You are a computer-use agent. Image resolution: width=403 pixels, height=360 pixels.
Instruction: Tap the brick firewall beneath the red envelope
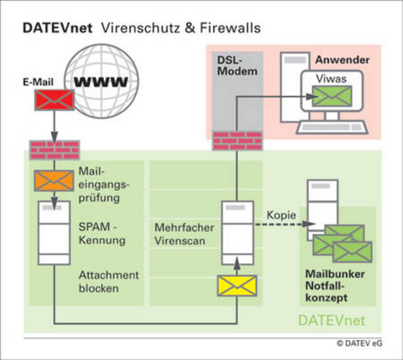point(54,149)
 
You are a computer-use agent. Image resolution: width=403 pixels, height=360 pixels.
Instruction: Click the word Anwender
point(342,60)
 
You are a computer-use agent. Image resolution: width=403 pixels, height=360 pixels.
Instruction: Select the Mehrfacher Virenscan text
point(184,234)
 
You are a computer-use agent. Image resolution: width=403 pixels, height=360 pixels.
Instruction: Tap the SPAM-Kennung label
point(102,234)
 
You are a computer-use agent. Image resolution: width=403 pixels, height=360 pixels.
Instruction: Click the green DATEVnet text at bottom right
point(331,321)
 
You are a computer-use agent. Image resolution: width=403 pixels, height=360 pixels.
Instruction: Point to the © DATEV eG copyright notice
point(359,343)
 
